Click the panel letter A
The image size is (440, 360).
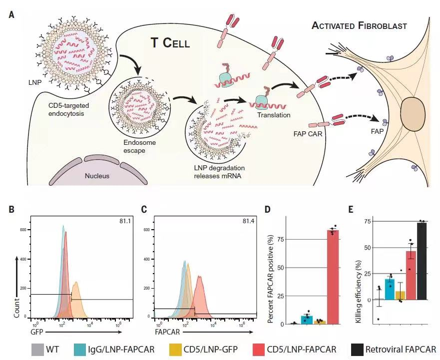[x=11, y=14]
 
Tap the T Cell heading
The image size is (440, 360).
[x=170, y=43]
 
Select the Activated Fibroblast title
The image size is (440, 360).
[x=359, y=26]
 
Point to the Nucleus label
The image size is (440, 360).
[x=97, y=176]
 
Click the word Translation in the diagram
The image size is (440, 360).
[x=274, y=115]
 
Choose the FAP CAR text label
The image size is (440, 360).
[x=308, y=134]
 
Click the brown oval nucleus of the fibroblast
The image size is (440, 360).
[x=412, y=114]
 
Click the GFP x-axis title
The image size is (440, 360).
[x=37, y=332]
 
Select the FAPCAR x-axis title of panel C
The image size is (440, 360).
[x=167, y=332]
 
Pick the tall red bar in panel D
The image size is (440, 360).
[x=333, y=277]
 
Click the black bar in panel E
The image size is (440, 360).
[x=422, y=261]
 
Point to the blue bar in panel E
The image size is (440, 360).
[x=390, y=289]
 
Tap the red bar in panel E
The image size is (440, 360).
[x=411, y=275]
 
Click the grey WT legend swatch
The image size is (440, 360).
[x=37, y=350]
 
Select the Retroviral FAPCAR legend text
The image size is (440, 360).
[x=401, y=350]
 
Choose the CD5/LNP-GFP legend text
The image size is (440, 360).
[x=210, y=350]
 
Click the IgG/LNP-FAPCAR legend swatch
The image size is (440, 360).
[x=80, y=350]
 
